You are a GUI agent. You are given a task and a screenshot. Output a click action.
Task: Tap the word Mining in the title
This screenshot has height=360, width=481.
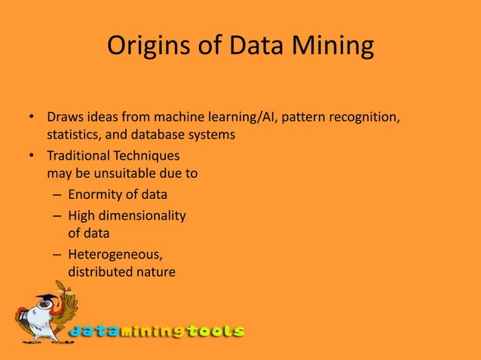coord(335,46)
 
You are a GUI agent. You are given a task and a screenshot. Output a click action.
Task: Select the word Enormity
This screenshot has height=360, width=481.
coord(97,196)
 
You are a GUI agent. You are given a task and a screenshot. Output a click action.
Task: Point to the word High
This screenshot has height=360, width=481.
coord(82,216)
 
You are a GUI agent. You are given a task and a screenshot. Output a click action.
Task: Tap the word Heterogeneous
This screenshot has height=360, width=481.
coord(114,255)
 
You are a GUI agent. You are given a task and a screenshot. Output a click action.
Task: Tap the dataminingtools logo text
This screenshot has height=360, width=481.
coord(157,331)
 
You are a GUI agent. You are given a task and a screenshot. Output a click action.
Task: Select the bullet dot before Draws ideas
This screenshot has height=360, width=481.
coord(32,118)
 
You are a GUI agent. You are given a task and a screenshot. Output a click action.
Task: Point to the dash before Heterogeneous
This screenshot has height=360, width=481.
coord(56,255)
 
